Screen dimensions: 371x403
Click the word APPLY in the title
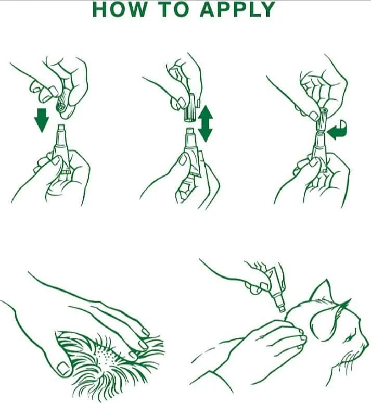click(x=238, y=9)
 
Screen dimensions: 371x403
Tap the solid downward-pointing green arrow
click(x=41, y=120)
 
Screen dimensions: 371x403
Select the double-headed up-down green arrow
click(x=205, y=123)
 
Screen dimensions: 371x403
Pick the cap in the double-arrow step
click(x=190, y=108)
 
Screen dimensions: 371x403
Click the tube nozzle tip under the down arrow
click(x=61, y=128)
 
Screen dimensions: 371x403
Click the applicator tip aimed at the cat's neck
click(x=282, y=309)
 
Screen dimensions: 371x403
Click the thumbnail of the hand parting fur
click(x=63, y=368)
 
